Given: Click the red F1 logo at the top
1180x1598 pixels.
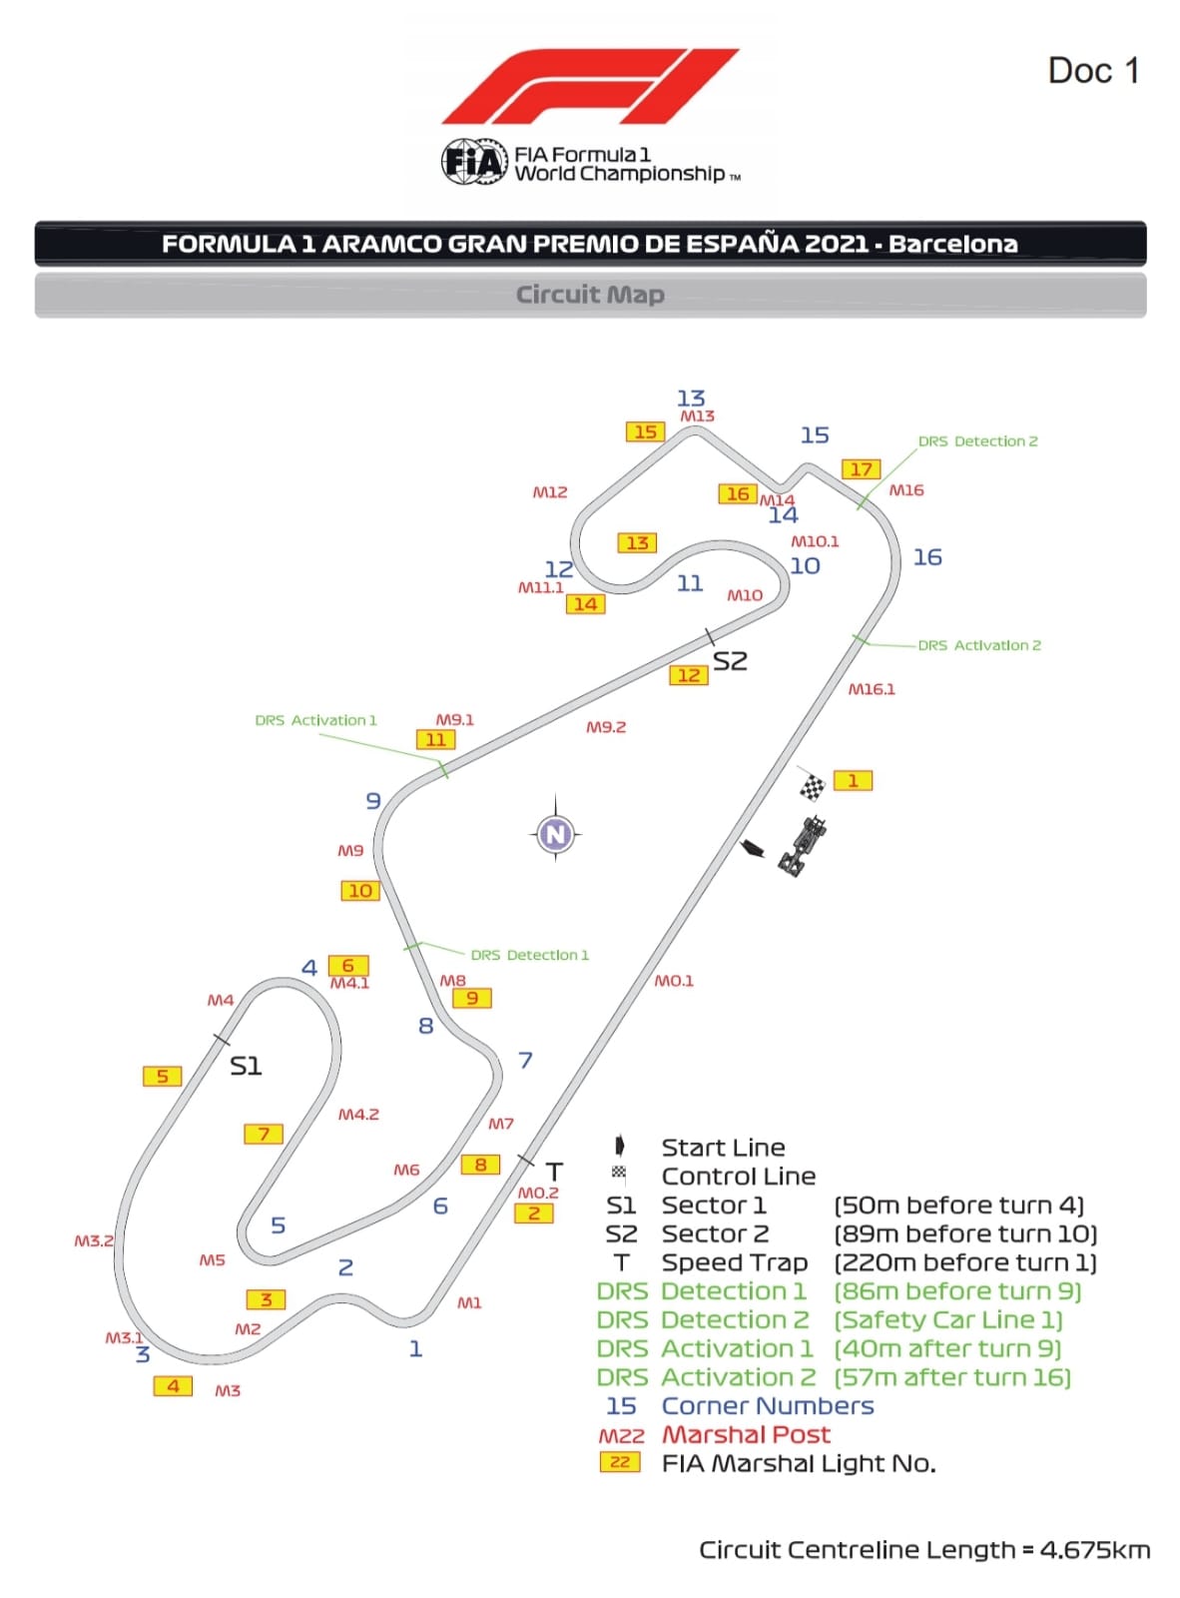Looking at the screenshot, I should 589,86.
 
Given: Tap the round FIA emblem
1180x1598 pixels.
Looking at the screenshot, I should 473,162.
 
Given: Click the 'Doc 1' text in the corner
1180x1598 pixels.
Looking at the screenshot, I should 1093,71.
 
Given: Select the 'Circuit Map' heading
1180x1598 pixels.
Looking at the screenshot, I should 590,295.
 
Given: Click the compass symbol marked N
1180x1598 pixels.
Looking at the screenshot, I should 556,833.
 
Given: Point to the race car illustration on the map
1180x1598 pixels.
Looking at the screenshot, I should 804,846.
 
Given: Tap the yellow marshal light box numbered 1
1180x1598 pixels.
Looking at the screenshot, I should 853,781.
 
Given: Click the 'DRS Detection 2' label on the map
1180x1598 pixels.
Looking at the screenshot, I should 977,441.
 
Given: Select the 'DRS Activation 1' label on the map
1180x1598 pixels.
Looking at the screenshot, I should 315,720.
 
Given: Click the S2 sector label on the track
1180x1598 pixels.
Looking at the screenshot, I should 730,661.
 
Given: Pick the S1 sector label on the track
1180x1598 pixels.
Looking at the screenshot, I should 246,1067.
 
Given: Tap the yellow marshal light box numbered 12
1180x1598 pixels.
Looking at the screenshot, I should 689,675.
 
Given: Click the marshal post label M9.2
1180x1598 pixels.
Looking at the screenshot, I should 606,727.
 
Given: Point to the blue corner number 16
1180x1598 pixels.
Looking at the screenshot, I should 927,557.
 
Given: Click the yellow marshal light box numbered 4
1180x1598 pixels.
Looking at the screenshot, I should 173,1386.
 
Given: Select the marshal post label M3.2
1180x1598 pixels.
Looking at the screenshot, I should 94,1240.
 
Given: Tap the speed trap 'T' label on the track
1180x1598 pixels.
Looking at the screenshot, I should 554,1172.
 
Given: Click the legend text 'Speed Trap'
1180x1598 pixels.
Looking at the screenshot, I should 734,1262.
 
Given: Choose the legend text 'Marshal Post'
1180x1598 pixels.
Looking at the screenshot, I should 746,1435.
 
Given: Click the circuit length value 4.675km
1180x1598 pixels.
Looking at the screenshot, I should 1094,1550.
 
